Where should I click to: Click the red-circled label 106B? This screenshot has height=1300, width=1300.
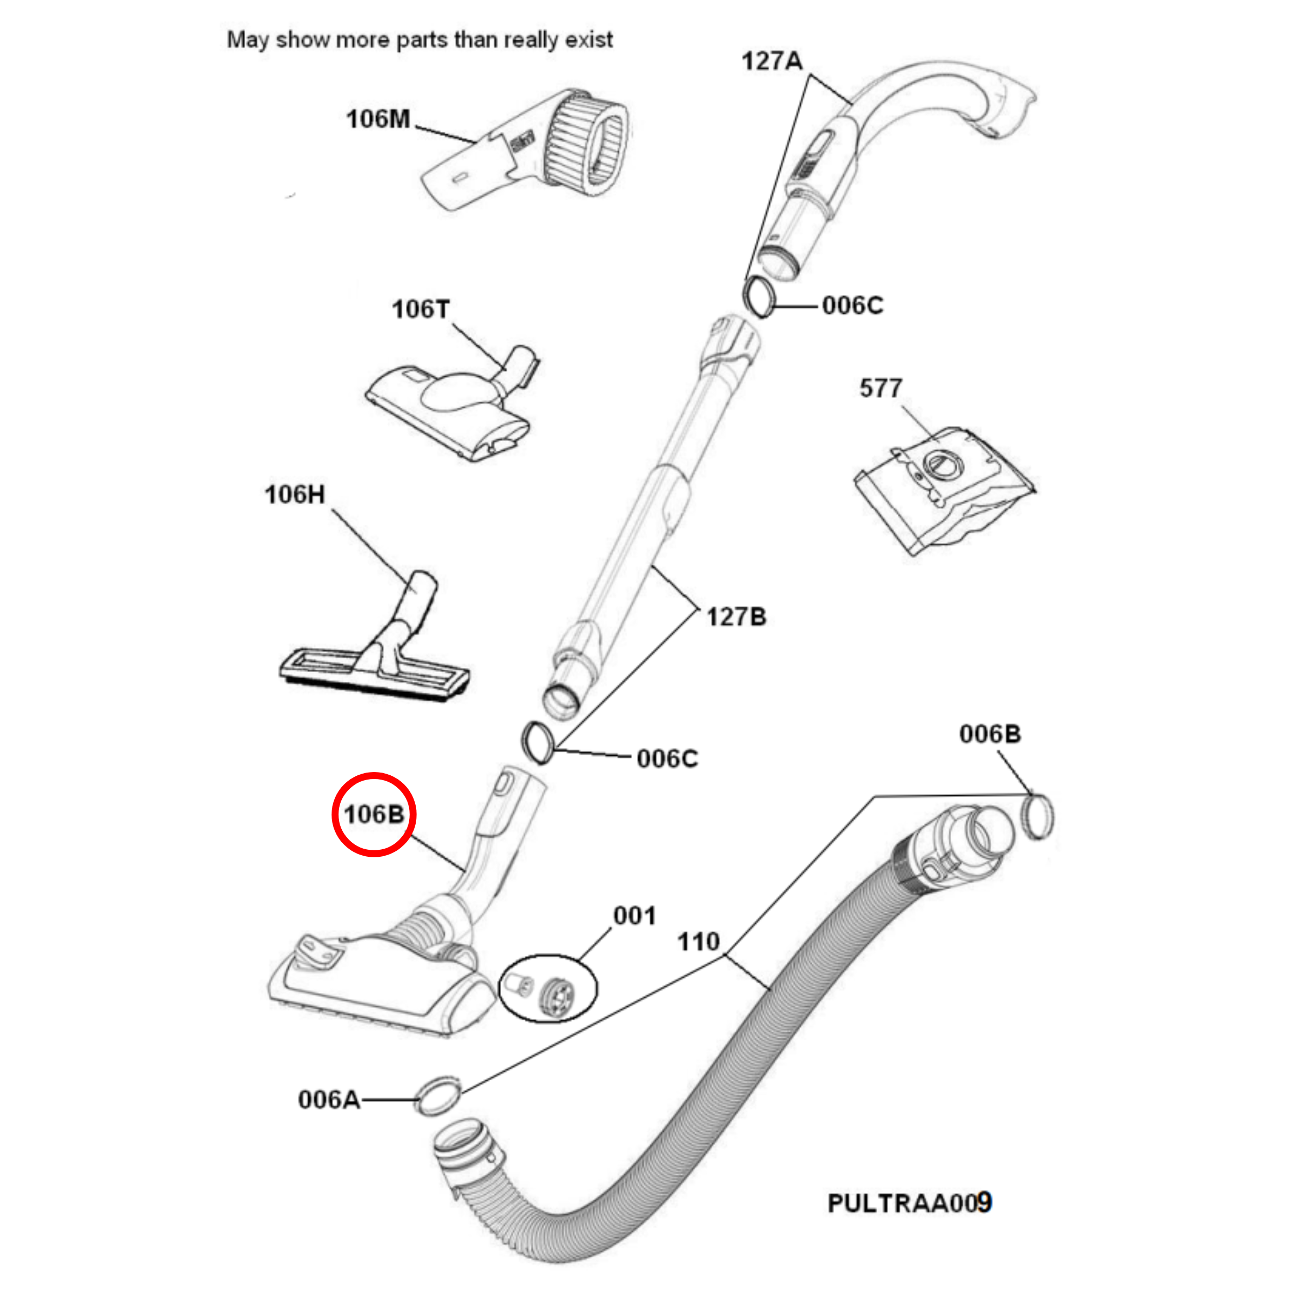pos(374,814)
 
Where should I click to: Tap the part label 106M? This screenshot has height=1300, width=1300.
pos(377,119)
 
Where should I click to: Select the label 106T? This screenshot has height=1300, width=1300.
pos(421,309)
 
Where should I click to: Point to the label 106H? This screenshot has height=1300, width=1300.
pos(295,495)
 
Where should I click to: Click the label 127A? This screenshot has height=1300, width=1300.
pos(772,61)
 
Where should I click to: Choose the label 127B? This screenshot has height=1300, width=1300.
pos(736,617)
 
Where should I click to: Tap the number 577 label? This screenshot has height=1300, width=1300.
pos(880,388)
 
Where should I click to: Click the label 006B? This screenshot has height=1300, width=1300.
pos(990,734)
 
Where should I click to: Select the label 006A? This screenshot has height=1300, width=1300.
pos(329,1100)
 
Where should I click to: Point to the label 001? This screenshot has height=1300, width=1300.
pos(634,916)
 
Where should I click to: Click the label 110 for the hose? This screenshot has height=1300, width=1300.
pos(699,942)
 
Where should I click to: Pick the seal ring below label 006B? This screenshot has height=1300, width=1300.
pos(1037,817)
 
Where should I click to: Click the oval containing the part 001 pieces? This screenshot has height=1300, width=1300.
pos(547,988)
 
